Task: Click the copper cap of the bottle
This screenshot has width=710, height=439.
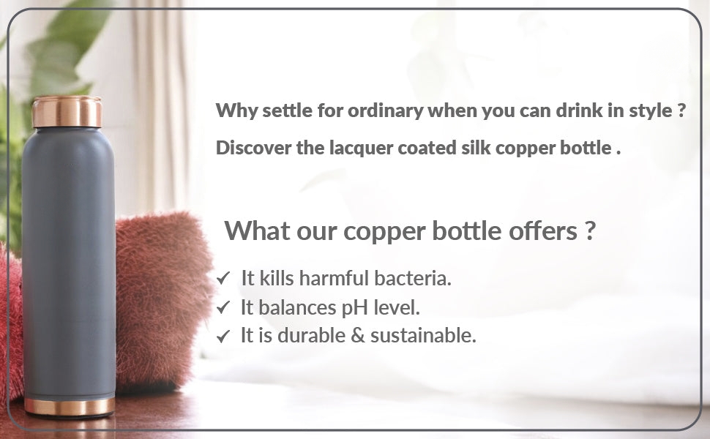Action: click(67, 111)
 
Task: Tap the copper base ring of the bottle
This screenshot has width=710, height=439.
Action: click(70, 406)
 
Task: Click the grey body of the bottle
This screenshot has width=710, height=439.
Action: click(68, 263)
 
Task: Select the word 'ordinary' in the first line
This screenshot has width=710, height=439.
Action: click(385, 111)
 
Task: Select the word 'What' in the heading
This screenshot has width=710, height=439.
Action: click(257, 230)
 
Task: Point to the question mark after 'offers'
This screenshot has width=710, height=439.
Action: click(589, 230)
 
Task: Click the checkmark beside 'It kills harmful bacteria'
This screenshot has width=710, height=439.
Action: click(223, 278)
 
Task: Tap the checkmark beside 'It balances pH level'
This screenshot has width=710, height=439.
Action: click(223, 307)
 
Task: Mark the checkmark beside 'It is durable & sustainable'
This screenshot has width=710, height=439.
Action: click(223, 336)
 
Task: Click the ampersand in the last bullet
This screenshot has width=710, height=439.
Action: click(358, 336)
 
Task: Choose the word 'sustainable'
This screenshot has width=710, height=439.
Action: click(423, 335)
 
